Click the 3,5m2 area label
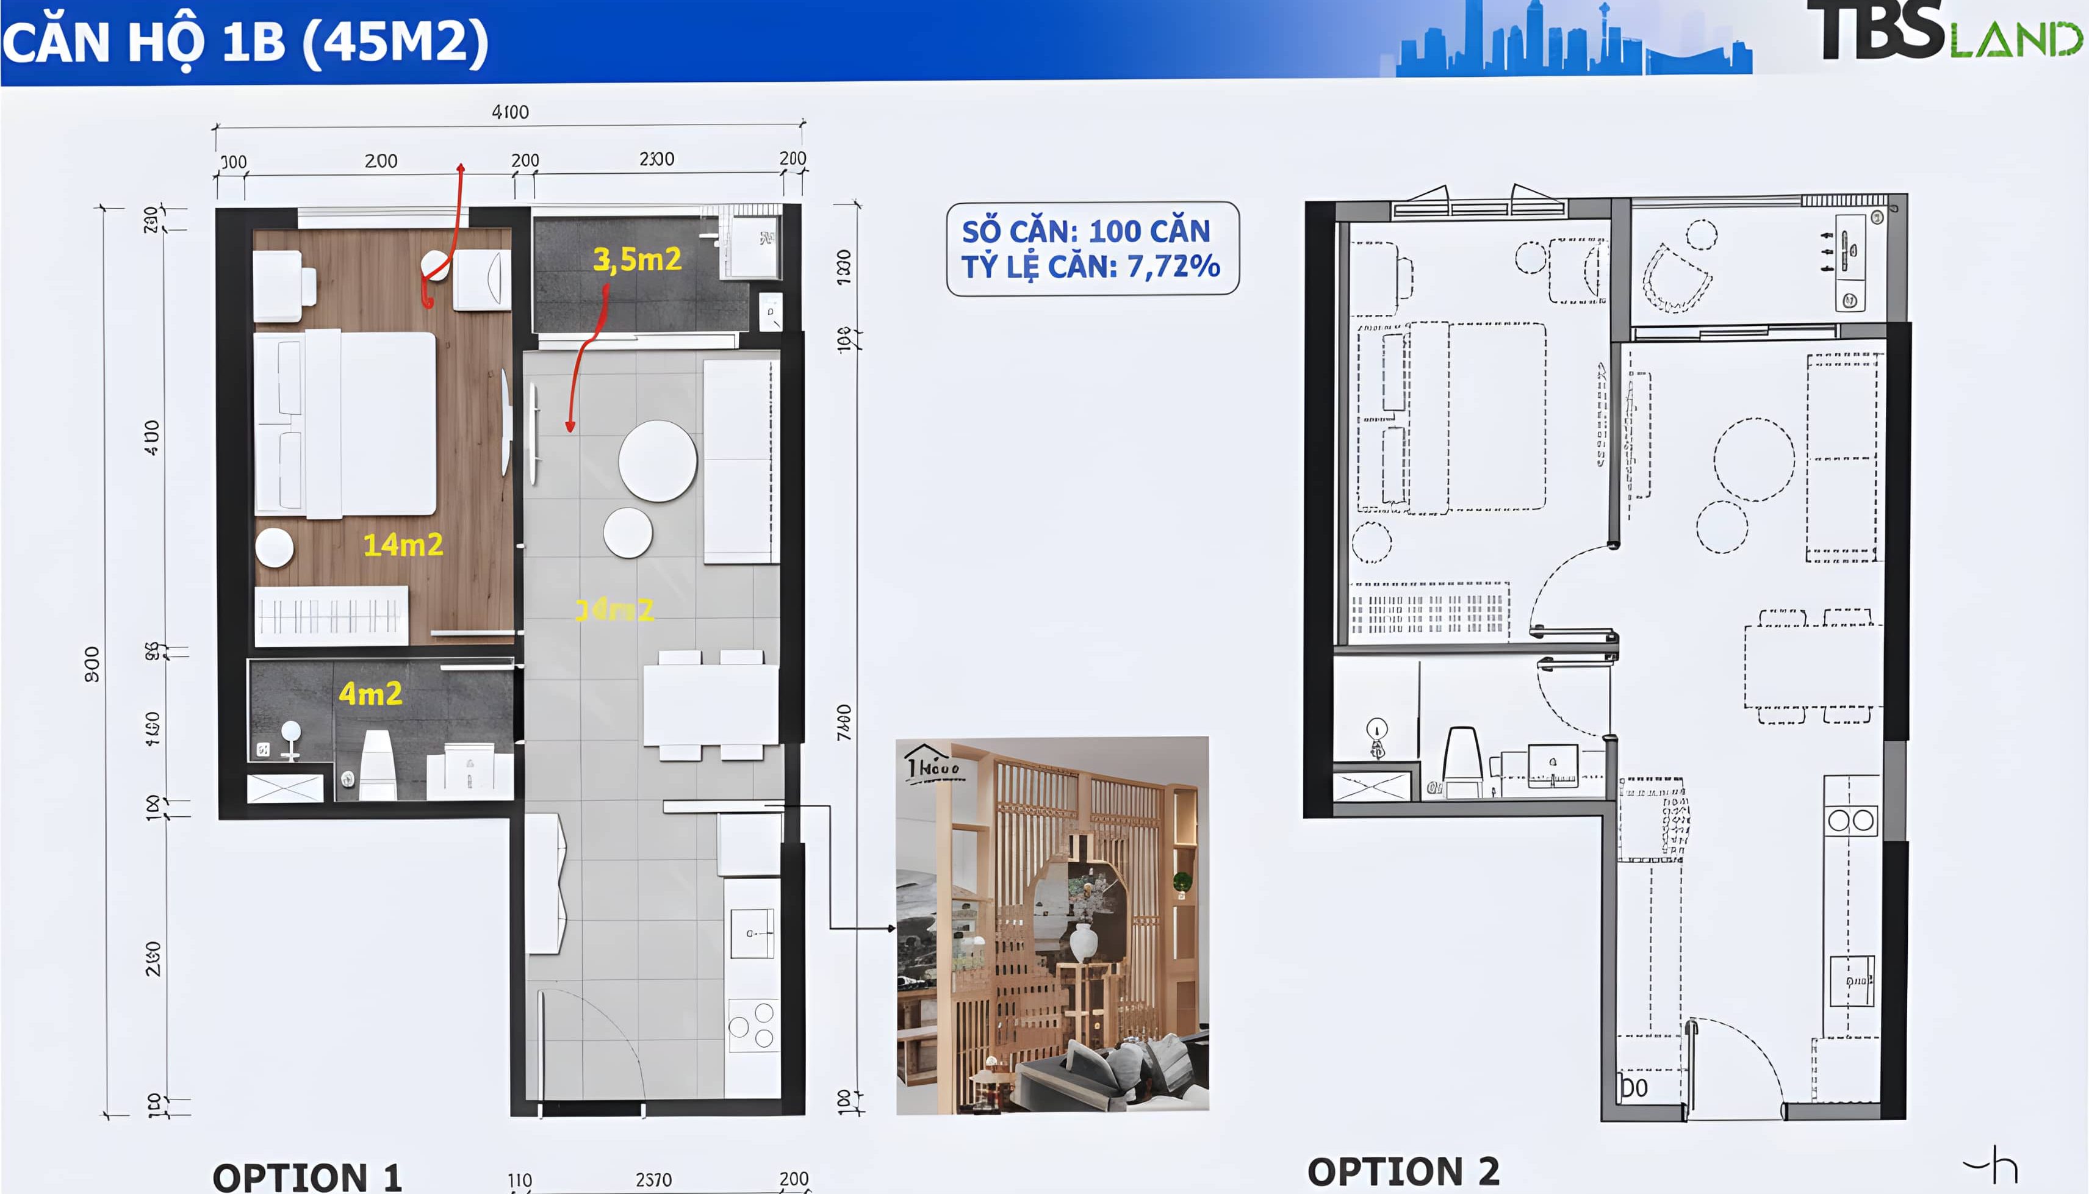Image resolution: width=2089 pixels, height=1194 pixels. pyautogui.click(x=637, y=259)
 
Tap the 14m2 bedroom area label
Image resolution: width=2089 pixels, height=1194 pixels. pyautogui.click(x=403, y=544)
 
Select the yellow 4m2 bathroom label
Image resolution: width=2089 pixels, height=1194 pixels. pyautogui.click(x=370, y=694)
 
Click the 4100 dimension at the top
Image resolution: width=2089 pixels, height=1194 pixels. pyautogui.click(x=510, y=112)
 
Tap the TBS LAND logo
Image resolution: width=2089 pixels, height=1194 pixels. pyautogui.click(x=1943, y=33)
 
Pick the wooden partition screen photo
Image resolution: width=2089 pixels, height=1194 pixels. pyautogui.click(x=1052, y=925)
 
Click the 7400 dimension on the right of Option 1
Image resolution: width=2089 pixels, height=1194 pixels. pyautogui.click(x=844, y=722)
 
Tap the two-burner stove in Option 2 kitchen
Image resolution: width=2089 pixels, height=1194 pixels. pyautogui.click(x=1850, y=820)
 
